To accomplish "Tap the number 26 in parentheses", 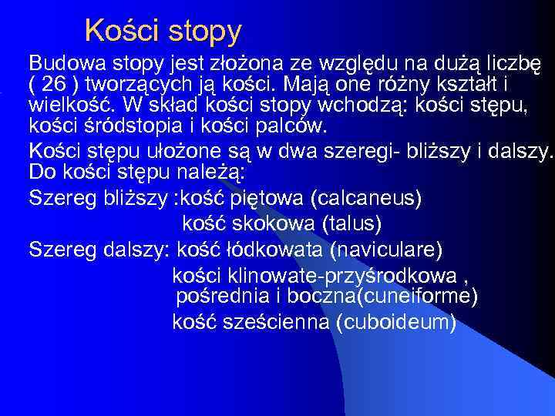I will click(53, 83).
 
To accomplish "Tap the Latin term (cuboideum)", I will click(396, 322).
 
